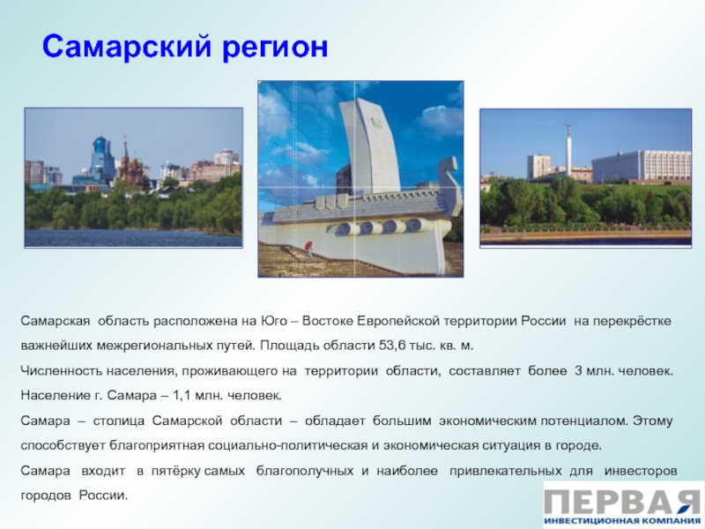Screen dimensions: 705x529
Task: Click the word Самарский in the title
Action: click(127, 48)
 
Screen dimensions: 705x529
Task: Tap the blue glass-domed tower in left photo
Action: click(99, 157)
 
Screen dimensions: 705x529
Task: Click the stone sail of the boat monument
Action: click(368, 144)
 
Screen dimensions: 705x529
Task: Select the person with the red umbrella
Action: click(309, 250)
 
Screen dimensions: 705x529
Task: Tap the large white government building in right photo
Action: click(642, 167)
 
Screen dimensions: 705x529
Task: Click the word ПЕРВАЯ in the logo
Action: click(623, 501)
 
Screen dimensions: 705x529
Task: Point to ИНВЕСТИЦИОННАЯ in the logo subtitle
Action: click(591, 522)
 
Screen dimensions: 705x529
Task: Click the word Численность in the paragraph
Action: click(62, 371)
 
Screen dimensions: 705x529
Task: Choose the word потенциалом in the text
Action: click(584, 421)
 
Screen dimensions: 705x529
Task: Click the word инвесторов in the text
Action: click(641, 471)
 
